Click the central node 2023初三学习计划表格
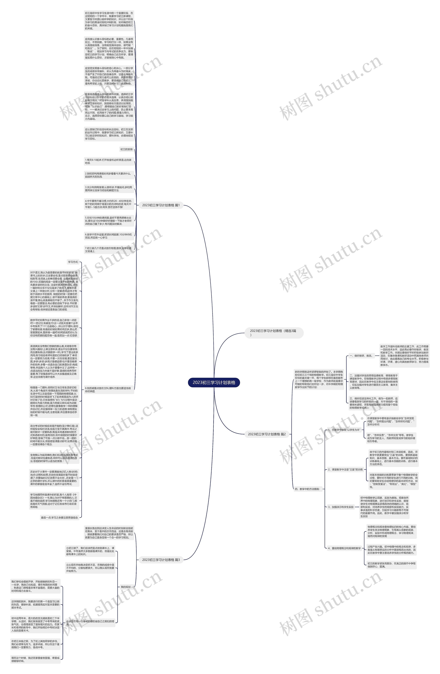pos(214,382)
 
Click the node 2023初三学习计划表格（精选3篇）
pos(274,333)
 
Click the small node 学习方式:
pos(73,262)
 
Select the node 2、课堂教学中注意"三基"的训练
pos(345,469)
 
